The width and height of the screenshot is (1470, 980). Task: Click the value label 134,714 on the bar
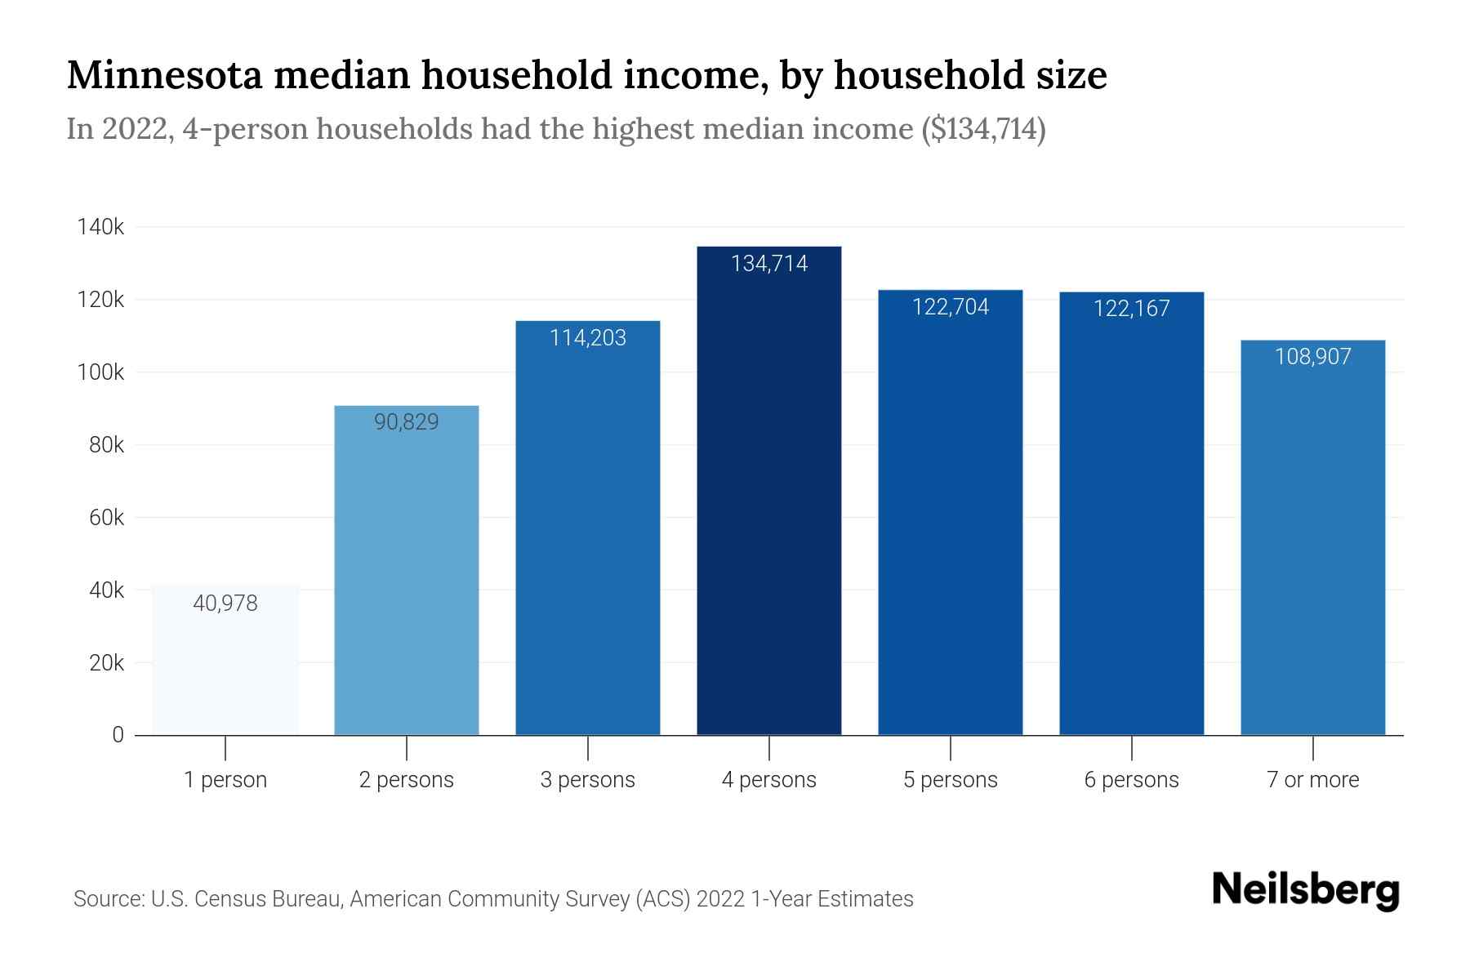pos(768,264)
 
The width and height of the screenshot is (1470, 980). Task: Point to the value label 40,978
pos(225,604)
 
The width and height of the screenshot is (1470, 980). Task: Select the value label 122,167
pos(1131,309)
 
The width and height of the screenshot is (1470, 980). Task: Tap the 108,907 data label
pos(1312,357)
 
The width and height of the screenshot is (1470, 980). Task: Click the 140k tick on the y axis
pos(100,227)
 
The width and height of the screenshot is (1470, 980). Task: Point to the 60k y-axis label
pos(106,518)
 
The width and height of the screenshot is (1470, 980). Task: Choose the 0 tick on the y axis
pos(118,735)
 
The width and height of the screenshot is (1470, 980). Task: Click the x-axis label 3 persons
pos(587,780)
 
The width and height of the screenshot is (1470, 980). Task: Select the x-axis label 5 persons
pos(950,780)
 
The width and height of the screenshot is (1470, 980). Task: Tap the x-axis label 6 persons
pos(1131,780)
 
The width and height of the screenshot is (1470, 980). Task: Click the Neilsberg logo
pos(1305,890)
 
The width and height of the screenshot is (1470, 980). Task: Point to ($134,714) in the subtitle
pos(983,129)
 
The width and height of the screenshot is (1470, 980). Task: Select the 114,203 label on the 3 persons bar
pos(587,338)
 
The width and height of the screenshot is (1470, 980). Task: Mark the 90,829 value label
pos(407,422)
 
